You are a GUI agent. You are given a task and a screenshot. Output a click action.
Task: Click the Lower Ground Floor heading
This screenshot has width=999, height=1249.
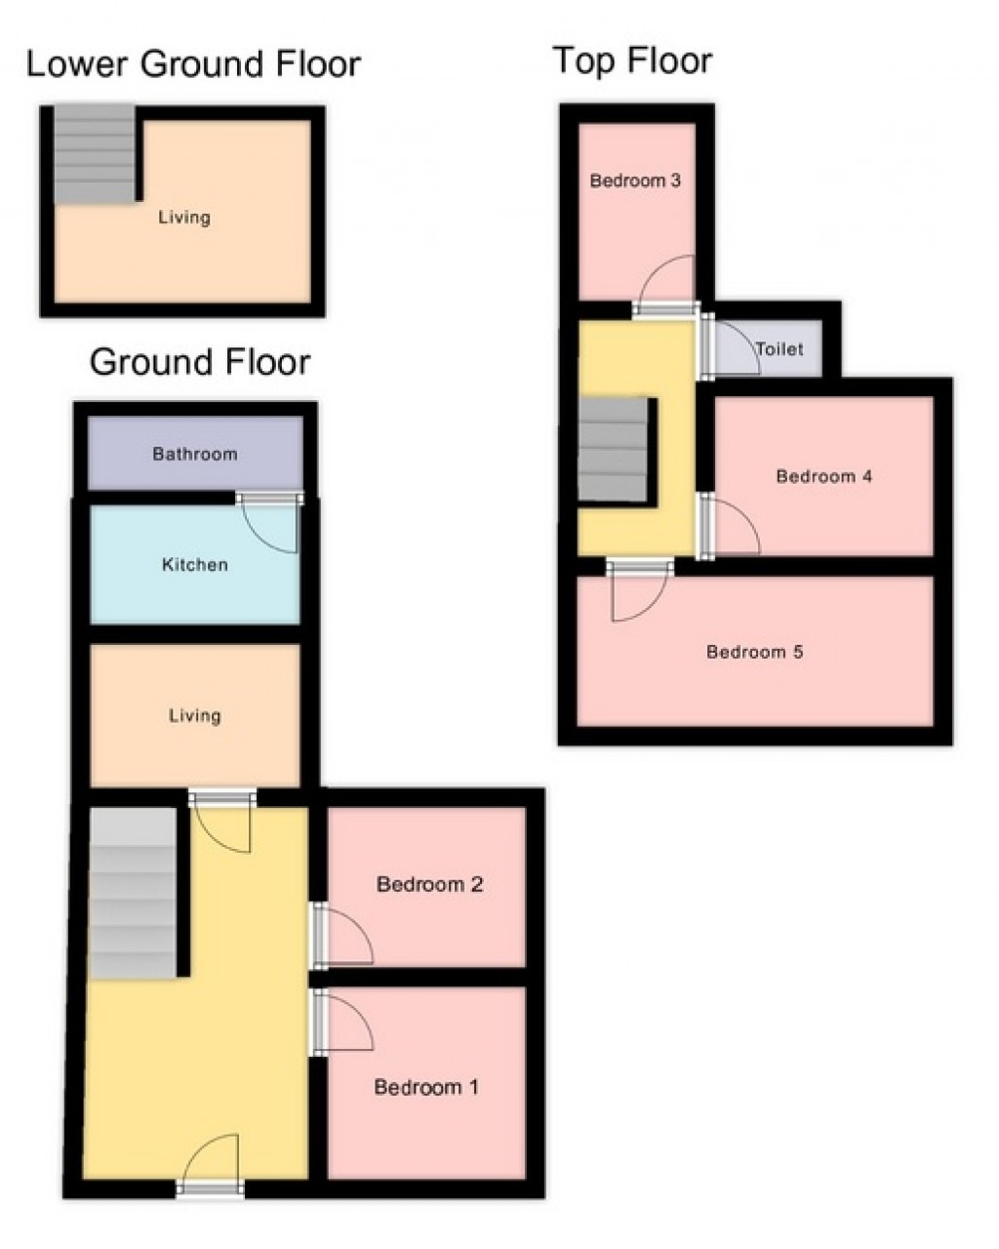[x=193, y=64]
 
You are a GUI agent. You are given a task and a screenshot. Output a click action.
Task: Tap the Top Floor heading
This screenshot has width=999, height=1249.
[x=632, y=60]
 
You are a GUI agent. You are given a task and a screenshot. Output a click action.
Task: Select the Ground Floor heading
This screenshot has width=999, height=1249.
[x=200, y=362]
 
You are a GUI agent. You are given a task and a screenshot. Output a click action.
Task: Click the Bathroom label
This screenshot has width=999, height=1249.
[x=194, y=454]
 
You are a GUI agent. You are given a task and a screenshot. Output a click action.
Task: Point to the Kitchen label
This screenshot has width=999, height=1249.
[x=194, y=564]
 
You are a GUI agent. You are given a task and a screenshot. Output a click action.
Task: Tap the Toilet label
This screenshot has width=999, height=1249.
[x=779, y=348]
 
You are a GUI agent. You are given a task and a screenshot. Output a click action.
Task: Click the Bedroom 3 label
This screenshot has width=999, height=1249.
[x=635, y=181]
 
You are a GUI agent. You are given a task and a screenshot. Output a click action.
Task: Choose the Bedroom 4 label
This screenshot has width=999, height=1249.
[x=823, y=476]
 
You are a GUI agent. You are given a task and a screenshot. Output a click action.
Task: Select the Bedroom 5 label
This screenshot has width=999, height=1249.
[x=754, y=652]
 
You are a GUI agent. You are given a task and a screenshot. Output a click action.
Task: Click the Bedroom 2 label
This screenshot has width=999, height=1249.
[x=429, y=885]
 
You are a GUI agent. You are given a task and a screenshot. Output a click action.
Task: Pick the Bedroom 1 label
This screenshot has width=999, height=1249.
[x=426, y=1087]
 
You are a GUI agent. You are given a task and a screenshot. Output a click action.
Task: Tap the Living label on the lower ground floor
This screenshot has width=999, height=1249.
[x=184, y=217]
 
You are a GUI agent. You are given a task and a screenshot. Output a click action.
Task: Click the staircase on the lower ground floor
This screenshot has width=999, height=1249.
[x=94, y=154]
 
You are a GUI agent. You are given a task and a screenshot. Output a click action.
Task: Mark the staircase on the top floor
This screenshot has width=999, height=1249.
[x=614, y=449]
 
